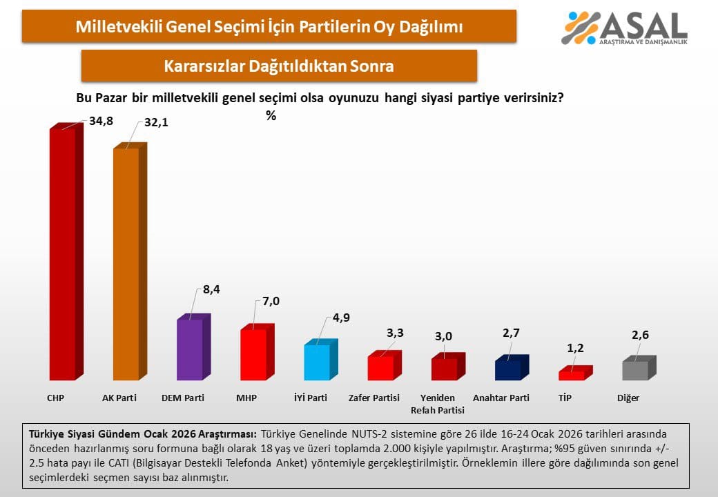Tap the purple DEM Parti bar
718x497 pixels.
point(190,349)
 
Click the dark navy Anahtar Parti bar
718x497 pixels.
point(508,370)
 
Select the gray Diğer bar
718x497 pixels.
point(635,370)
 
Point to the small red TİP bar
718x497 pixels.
point(572,375)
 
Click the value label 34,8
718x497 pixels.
point(101,121)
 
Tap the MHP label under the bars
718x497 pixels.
point(246,398)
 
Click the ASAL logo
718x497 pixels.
point(625,28)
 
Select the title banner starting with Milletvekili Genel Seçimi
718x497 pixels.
point(269,27)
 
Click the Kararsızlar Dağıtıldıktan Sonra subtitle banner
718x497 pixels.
point(279,66)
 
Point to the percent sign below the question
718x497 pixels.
point(271,116)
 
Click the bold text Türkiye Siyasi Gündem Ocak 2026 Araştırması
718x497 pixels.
point(142,434)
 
